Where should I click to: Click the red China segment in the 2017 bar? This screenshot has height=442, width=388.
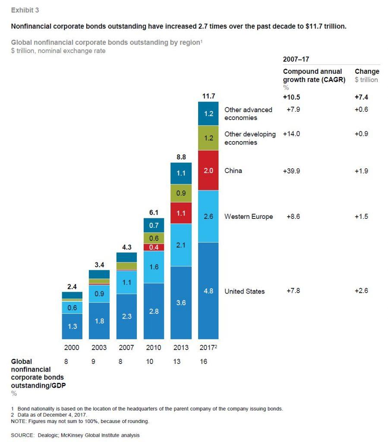coord(208,170)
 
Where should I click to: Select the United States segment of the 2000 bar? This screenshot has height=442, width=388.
coord(72,326)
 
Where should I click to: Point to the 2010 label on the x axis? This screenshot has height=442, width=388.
coord(154,347)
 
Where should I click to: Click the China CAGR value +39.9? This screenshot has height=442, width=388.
coord(291,170)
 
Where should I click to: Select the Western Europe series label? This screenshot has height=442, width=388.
coord(249,217)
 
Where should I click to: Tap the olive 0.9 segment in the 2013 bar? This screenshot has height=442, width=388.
coord(181,193)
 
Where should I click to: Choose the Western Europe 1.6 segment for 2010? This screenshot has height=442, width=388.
coord(154,267)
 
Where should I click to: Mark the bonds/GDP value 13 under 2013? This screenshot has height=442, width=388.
coord(181,362)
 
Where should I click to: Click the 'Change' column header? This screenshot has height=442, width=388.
coord(366,71)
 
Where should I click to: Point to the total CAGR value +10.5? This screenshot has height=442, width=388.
coord(291,98)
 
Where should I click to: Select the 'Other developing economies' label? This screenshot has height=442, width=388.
coord(250,138)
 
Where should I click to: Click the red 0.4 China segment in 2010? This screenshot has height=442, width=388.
coord(154,247)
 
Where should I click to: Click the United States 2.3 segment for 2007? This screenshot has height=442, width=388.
coord(126,316)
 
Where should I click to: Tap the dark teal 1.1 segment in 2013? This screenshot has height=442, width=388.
coord(181,173)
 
